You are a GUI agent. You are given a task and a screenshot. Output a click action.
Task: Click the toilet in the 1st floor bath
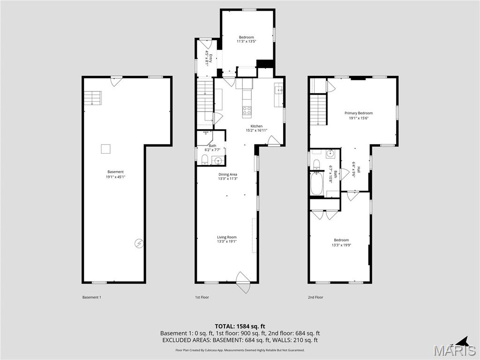coord(204,161)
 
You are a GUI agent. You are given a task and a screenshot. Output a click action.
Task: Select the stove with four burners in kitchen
coord(247,111)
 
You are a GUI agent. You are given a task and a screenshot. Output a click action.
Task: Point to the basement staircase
coord(92,97)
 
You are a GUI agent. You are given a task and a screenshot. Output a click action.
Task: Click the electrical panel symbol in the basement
coord(139,243)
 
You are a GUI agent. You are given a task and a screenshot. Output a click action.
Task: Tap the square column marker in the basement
coord(106,149)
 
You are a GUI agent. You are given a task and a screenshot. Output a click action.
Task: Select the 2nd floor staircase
coord(318,110)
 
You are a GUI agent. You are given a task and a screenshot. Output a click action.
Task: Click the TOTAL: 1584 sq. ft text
coord(240,326)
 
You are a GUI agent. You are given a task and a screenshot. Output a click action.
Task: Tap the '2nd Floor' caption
coord(315,297)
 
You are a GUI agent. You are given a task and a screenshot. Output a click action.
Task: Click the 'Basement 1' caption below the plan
coord(92,297)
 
